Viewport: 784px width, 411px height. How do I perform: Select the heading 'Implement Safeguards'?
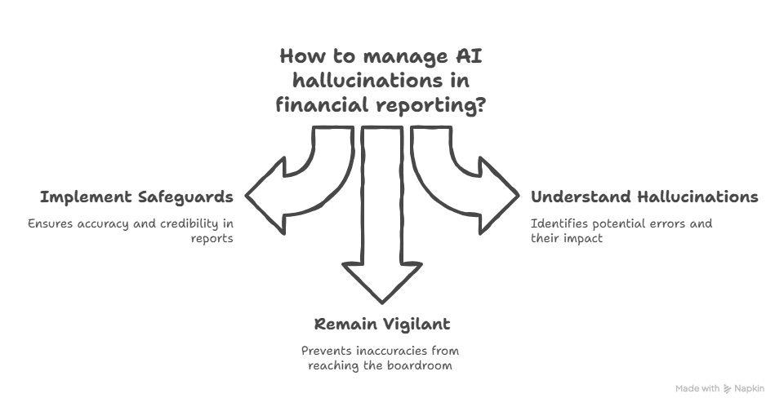[136, 197]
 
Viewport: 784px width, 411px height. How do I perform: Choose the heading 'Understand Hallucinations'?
[644, 197]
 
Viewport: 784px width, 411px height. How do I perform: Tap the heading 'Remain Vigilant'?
[382, 324]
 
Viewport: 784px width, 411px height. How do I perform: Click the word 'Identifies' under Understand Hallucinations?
[556, 223]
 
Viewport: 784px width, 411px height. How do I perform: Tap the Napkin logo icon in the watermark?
[728, 390]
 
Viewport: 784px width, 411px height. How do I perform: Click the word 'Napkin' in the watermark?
[750, 390]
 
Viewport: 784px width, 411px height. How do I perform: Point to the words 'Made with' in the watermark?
[697, 390]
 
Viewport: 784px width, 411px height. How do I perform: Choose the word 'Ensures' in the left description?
[49, 223]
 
